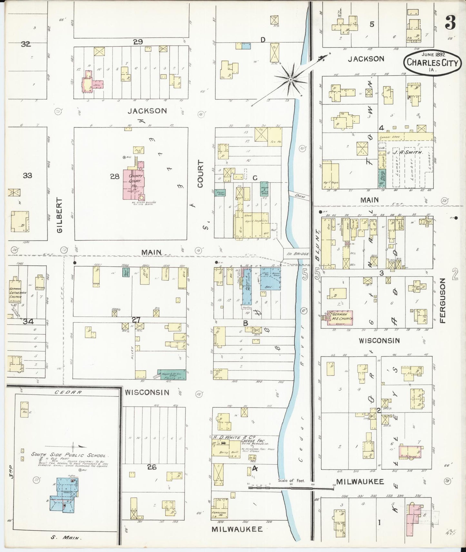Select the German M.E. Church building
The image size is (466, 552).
[340, 317]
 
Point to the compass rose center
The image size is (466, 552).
[291, 79]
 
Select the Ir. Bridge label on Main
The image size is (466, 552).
[297, 254]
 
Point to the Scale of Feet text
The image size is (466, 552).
[291, 481]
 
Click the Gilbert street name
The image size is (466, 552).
[59, 215]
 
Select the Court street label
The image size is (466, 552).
[201, 174]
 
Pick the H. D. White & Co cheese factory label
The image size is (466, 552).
[232, 437]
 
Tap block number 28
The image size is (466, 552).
[114, 176]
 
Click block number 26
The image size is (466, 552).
[152, 467]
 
